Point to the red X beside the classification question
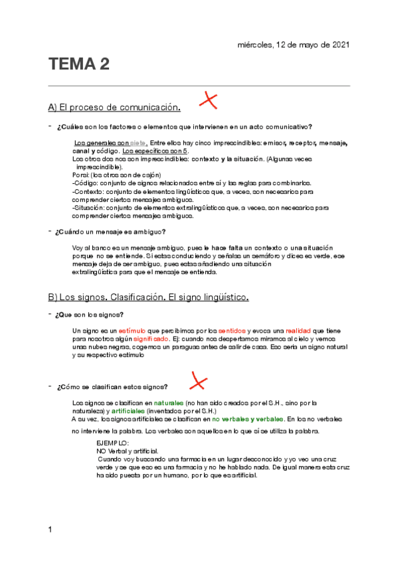[197, 380]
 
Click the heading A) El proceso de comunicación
[114, 107]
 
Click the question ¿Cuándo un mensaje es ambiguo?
[111, 232]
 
